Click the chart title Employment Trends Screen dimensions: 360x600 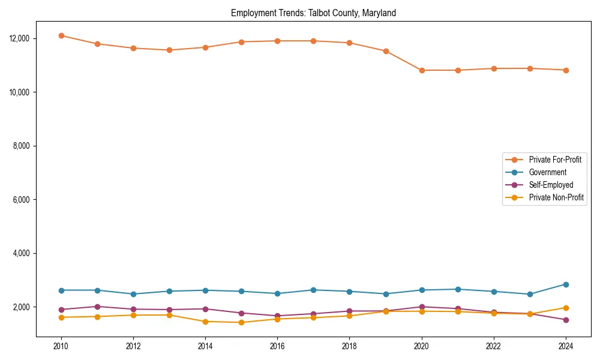pyautogui.click(x=313, y=13)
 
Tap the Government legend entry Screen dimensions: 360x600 pyautogui.click(x=547, y=172)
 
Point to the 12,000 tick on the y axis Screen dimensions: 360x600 pyautogui.click(x=20, y=38)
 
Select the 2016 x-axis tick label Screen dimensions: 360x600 pyautogui.click(x=277, y=346)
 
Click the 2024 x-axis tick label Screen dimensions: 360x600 pyautogui.click(x=565, y=346)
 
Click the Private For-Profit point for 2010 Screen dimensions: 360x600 pyautogui.click(x=61, y=35)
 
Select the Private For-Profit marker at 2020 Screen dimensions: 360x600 pyautogui.click(x=421, y=70)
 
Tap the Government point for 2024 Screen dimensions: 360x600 pyautogui.click(x=565, y=284)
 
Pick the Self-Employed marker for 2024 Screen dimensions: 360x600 pyautogui.click(x=565, y=320)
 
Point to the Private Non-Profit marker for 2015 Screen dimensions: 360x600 pyautogui.click(x=241, y=322)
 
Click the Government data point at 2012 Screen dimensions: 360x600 pyautogui.click(x=133, y=294)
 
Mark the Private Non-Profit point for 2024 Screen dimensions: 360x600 pyautogui.click(x=565, y=308)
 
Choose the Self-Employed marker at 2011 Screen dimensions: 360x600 pyautogui.click(x=97, y=307)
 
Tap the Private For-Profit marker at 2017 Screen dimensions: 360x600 pyautogui.click(x=313, y=41)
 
